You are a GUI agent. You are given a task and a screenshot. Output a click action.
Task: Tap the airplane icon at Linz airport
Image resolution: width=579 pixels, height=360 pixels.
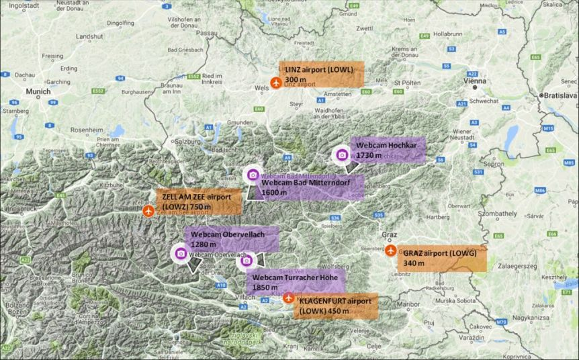(x=275, y=83)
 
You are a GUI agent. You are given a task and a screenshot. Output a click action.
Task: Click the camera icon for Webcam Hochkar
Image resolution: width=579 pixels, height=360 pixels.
(x=341, y=154)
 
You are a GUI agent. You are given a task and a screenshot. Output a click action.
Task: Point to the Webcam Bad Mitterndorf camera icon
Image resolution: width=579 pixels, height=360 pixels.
(x=253, y=175)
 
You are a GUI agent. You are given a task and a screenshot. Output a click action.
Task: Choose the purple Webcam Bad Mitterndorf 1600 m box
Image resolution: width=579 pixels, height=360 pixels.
(x=310, y=187)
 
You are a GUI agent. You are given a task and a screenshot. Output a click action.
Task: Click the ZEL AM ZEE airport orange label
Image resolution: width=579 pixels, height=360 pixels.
(x=199, y=201)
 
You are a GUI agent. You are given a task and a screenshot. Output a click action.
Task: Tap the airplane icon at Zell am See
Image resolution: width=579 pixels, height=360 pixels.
(x=148, y=211)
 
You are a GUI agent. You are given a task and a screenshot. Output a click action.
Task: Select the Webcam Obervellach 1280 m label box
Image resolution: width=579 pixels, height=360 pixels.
(x=230, y=239)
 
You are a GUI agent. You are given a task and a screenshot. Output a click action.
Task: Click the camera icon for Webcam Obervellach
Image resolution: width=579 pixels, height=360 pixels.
(x=180, y=253)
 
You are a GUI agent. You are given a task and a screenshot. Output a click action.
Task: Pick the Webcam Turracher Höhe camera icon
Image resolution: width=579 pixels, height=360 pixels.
(x=247, y=261)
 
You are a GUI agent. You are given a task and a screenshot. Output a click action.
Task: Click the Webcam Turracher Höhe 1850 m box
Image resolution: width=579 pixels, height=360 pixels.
(x=296, y=282)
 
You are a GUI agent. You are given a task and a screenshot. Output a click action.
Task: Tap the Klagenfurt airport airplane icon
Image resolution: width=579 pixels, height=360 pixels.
(x=289, y=298)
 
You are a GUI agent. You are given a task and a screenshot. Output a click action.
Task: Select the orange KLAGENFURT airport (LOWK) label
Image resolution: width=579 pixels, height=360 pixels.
(x=335, y=306)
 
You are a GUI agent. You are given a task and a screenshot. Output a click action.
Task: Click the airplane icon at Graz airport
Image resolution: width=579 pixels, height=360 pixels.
(x=391, y=251)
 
